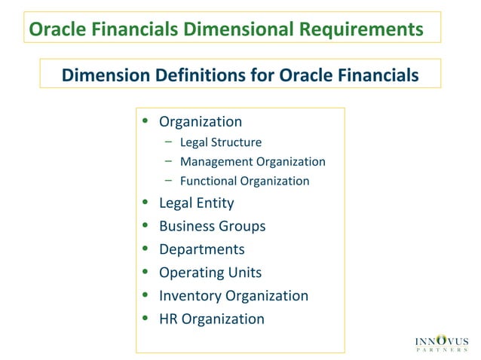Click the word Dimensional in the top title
click(x=240, y=29)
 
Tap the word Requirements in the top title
click(x=360, y=29)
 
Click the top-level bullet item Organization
click(x=201, y=121)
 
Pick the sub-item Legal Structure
click(x=221, y=142)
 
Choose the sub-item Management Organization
click(x=253, y=161)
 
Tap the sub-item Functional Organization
click(x=244, y=181)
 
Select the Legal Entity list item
click(x=196, y=203)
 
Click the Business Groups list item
click(x=212, y=226)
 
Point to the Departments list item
click(x=201, y=249)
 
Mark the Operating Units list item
click(x=210, y=273)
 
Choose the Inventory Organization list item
click(x=233, y=295)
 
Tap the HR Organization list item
click(x=211, y=319)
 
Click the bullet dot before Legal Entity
click(x=146, y=203)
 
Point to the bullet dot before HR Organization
click(x=146, y=319)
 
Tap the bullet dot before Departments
click(x=146, y=250)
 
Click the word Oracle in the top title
click(x=54, y=29)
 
